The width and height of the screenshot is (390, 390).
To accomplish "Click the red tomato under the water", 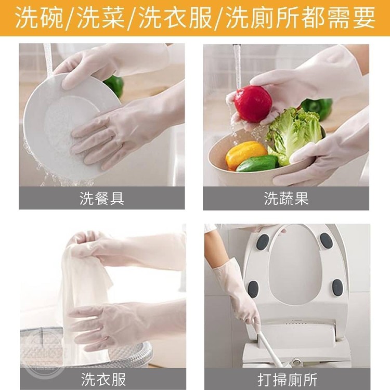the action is click(x=253, y=104).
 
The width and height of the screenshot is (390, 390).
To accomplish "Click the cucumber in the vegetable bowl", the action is click(x=257, y=163).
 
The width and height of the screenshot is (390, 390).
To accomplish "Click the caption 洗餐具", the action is click(x=102, y=199).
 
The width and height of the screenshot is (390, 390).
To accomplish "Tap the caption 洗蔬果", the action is click(x=287, y=199).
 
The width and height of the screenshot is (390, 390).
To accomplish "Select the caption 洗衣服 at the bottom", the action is click(x=103, y=380).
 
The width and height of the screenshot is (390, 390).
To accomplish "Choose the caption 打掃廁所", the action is click(x=288, y=380).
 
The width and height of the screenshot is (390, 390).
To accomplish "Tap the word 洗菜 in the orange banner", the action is click(x=101, y=18).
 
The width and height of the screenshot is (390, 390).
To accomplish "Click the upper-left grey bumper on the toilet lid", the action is click(x=263, y=242).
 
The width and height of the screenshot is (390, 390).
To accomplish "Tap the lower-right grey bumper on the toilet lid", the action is click(x=337, y=288).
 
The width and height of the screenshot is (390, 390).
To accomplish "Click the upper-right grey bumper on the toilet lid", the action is click(x=327, y=241).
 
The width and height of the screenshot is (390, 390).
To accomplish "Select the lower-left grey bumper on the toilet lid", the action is click(x=253, y=290).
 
